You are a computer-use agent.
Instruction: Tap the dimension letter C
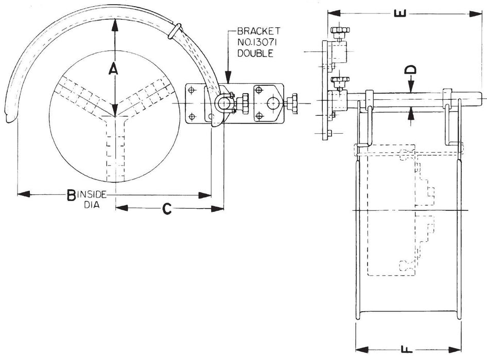tap(166, 208)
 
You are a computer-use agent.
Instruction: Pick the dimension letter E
tap(403, 13)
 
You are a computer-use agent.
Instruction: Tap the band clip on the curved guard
tap(175, 30)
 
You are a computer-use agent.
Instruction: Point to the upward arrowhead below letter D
tap(411, 113)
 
